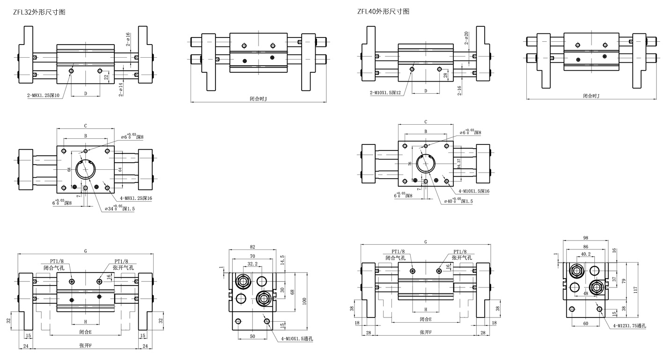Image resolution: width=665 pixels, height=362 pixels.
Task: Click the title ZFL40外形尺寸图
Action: tap(383, 11)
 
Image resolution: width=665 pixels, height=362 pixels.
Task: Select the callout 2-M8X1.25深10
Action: tap(43, 95)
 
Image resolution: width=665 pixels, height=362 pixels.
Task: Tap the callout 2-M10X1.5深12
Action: tap(385, 92)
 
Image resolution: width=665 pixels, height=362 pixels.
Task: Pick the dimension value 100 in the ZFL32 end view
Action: tap(304, 301)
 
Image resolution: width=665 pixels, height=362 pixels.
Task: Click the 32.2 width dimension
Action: tap(252, 264)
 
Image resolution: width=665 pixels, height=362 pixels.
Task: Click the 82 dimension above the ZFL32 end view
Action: tap(252, 247)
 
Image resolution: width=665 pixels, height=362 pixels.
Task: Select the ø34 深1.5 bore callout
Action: tap(119, 208)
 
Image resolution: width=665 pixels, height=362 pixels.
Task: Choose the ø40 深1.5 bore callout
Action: tap(458, 201)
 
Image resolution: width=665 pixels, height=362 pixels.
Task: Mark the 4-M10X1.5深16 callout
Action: tap(474, 191)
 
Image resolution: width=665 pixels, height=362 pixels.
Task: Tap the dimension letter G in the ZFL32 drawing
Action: tap(86, 251)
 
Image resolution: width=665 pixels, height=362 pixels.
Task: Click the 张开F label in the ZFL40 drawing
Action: tap(425, 332)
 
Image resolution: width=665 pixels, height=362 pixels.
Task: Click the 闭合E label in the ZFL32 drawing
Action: tap(85, 332)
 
